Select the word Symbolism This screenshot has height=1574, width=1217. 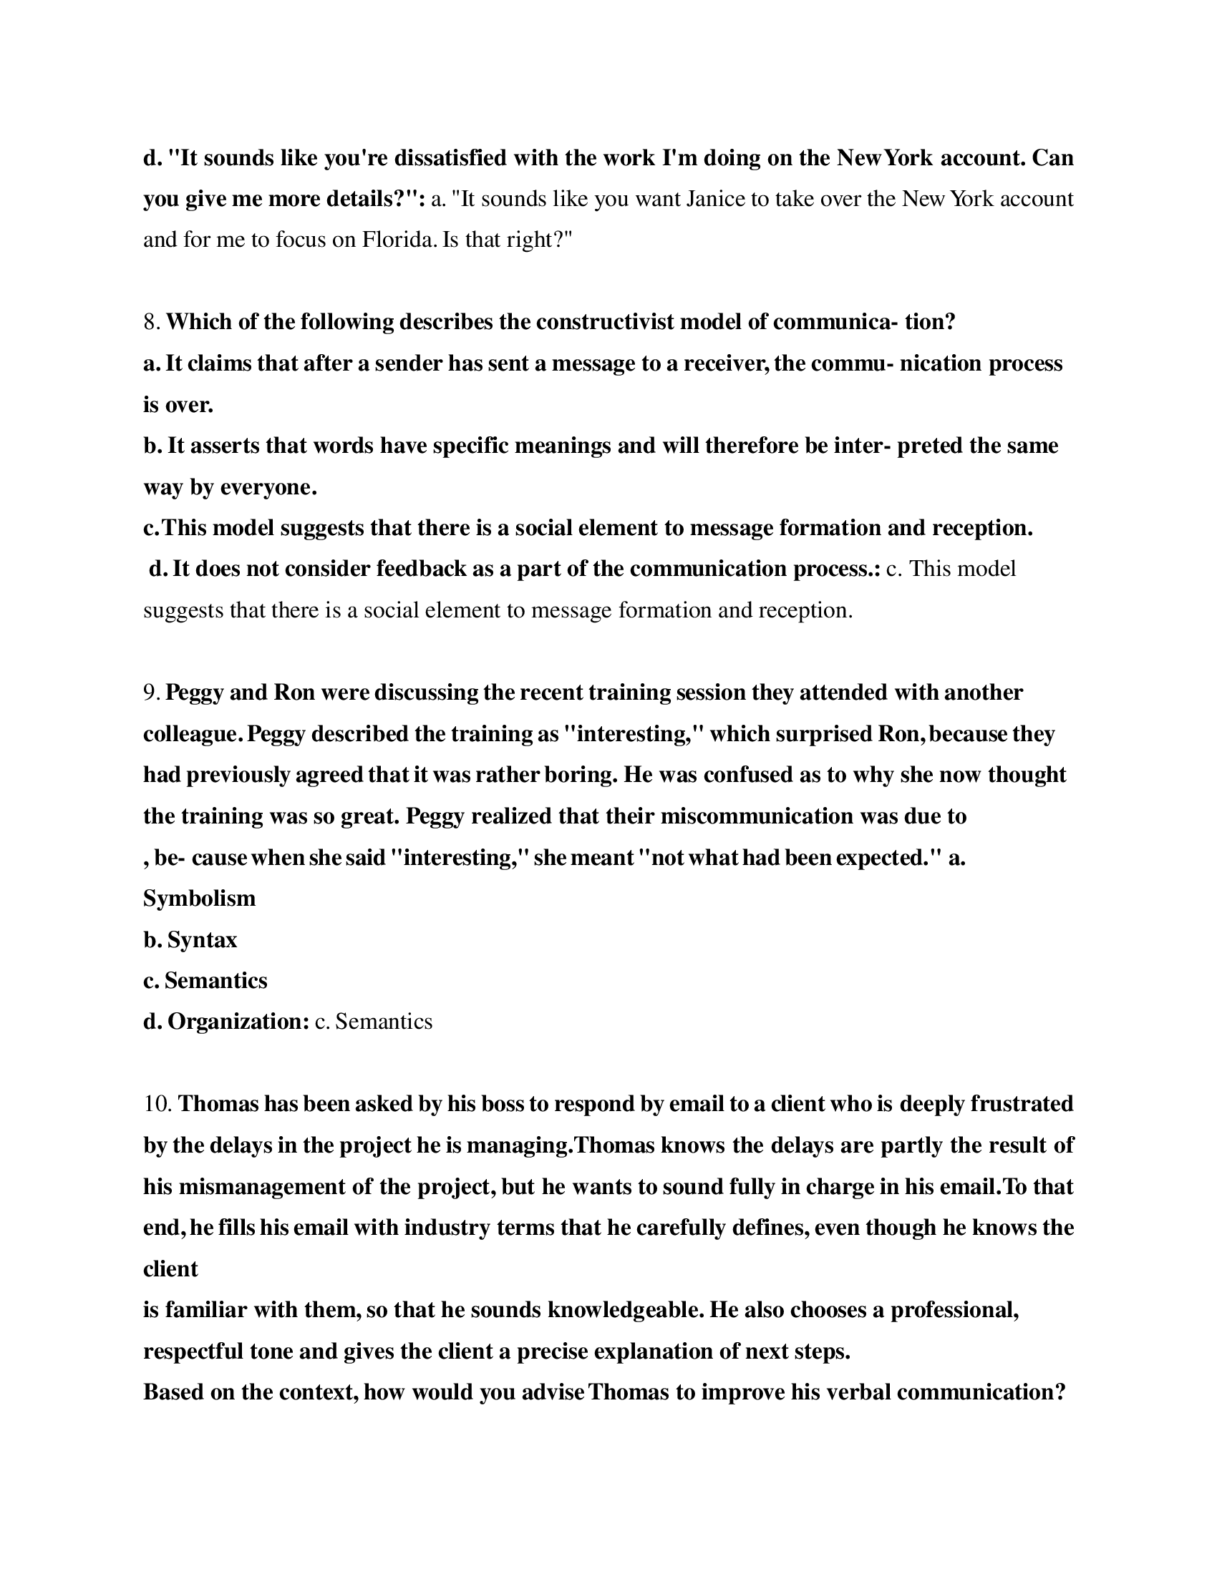point(199,899)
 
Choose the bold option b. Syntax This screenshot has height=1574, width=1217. point(190,940)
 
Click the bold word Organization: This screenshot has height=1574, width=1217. point(238,1022)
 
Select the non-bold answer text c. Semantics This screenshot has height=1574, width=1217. point(374,1022)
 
